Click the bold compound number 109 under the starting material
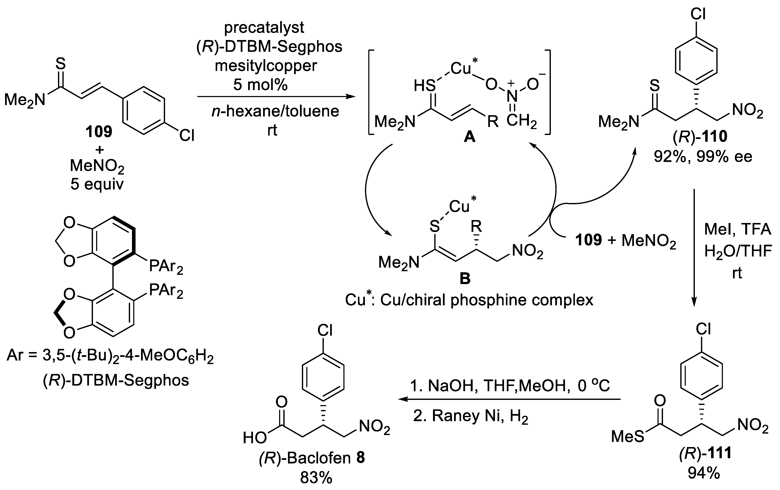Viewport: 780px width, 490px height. [x=99, y=132]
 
